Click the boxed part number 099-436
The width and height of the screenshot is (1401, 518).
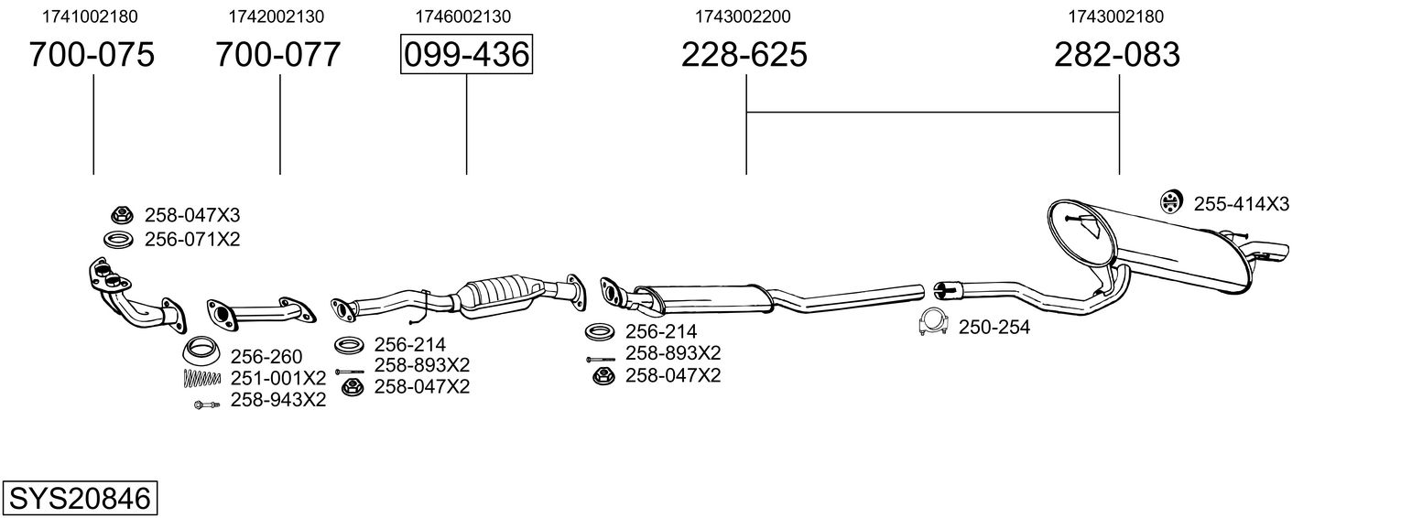(466, 54)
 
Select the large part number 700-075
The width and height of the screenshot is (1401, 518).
(92, 54)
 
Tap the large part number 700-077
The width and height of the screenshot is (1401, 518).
(277, 54)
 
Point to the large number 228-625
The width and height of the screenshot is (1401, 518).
(744, 54)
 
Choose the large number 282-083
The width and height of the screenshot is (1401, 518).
(1117, 54)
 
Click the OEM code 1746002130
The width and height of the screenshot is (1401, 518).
(463, 16)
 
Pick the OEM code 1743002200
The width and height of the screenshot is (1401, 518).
(743, 16)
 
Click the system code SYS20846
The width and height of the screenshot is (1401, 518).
(80, 499)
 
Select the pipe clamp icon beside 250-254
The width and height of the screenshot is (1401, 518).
(933, 322)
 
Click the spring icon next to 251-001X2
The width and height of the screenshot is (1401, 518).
(202, 378)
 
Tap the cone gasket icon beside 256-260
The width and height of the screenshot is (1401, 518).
(201, 351)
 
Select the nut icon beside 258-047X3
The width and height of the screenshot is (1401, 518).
(122, 216)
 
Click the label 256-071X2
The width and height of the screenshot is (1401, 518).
(192, 239)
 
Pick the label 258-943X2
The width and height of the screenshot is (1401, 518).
(278, 400)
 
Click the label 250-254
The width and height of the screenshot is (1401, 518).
(994, 327)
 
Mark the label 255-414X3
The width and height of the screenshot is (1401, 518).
(1242, 204)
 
